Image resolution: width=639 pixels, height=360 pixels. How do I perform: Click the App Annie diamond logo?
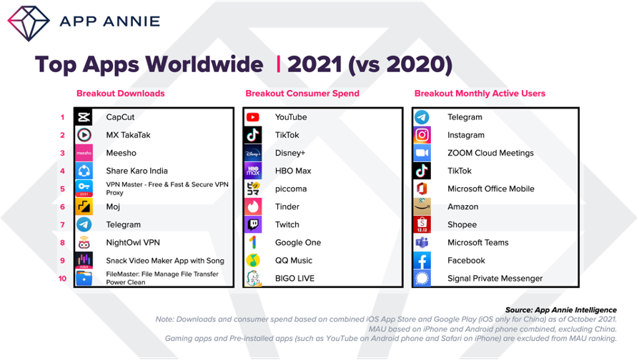tap(29, 23)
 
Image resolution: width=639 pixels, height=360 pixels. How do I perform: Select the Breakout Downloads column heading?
tap(121, 94)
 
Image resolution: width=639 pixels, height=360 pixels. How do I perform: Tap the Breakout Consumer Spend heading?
tap(302, 94)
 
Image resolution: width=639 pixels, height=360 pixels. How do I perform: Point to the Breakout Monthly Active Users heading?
tap(480, 94)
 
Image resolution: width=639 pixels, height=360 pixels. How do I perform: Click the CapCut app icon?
tap(84, 117)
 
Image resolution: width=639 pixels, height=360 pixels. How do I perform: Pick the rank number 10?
tap(62, 279)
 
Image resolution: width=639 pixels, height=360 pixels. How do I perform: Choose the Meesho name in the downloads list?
tap(121, 153)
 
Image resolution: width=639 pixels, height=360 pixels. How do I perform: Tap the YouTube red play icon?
tap(252, 117)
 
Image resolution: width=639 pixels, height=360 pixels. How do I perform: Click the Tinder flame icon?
tap(253, 207)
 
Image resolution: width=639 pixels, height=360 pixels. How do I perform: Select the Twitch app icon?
tap(253, 225)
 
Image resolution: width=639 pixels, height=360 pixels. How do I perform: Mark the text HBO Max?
tap(293, 171)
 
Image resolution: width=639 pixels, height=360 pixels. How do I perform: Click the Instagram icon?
tap(422, 135)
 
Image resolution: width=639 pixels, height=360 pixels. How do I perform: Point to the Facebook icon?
tap(422, 261)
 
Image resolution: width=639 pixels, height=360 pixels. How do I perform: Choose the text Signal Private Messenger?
tap(495, 279)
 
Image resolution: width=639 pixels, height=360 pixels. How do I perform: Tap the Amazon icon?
tap(422, 207)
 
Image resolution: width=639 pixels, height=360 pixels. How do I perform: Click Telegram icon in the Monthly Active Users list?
tap(422, 117)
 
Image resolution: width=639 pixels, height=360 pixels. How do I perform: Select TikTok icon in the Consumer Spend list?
tap(253, 135)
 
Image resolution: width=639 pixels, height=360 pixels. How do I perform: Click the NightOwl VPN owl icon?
tap(84, 243)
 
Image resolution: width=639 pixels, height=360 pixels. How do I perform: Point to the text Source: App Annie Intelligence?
tap(561, 310)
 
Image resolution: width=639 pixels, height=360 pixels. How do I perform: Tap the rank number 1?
tap(62, 117)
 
